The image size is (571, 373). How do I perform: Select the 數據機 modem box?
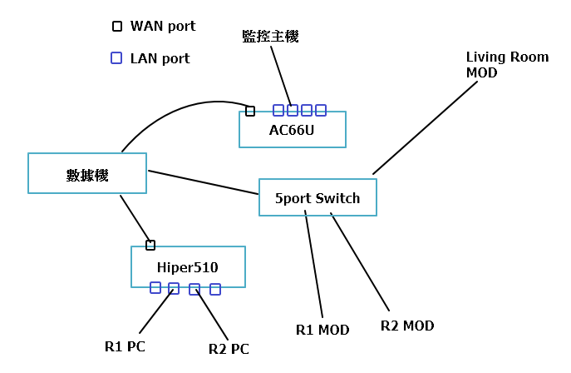click(87, 174)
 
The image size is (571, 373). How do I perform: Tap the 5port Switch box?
click(317, 198)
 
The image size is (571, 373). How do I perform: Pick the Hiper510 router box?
click(188, 267)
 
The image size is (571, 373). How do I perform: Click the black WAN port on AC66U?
click(250, 111)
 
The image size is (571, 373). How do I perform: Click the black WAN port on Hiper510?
click(150, 245)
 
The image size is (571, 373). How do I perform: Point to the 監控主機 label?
click(270, 37)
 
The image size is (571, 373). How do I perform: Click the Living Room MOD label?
click(507, 65)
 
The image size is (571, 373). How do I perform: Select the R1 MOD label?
click(322, 330)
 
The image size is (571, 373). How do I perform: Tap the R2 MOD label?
click(407, 326)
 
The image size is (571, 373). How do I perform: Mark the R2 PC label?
click(229, 348)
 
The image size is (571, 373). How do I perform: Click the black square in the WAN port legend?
click(117, 26)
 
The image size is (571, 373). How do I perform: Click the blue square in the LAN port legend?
click(117, 58)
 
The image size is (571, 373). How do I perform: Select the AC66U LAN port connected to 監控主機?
click(293, 110)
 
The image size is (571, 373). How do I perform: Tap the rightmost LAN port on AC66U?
click(321, 110)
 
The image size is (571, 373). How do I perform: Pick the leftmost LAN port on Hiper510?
click(155, 288)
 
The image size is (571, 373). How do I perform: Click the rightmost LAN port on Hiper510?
click(215, 290)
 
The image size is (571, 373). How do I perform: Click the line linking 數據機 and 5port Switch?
click(204, 182)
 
